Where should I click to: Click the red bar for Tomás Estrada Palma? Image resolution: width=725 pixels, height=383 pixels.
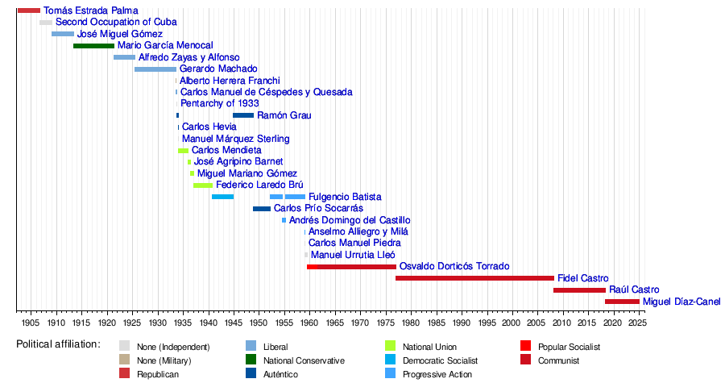click(x=29, y=10)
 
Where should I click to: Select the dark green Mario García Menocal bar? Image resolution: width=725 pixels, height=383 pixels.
click(x=94, y=46)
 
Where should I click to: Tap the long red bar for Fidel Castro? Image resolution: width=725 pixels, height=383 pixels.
click(x=474, y=278)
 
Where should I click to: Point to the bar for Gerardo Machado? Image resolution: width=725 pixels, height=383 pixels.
click(x=155, y=69)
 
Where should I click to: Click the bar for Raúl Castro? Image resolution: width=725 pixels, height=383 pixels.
click(x=579, y=290)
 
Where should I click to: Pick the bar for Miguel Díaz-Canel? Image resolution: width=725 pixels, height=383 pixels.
click(x=623, y=302)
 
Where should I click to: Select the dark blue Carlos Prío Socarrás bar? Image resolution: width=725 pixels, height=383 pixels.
click(x=262, y=209)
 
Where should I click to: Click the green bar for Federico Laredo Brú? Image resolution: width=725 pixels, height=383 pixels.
click(x=203, y=185)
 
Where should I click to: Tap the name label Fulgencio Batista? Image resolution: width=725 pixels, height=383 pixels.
click(x=345, y=197)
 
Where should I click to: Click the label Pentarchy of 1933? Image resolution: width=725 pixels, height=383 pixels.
click(x=220, y=103)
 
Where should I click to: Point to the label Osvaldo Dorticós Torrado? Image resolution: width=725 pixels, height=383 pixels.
click(x=454, y=266)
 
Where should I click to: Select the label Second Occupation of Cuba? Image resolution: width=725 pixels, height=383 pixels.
click(x=116, y=22)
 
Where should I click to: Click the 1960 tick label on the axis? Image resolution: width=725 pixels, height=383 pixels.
click(x=309, y=323)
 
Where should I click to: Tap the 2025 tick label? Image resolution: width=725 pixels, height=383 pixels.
click(x=638, y=323)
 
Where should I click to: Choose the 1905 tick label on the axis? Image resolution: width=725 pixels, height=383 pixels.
click(x=31, y=323)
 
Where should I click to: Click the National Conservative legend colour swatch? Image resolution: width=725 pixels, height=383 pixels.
click(x=251, y=360)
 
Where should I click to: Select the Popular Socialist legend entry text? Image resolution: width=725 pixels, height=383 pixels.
click(x=570, y=347)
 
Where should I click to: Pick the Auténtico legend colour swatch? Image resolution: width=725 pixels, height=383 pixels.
click(x=251, y=373)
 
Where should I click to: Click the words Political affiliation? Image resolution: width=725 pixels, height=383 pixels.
click(x=58, y=344)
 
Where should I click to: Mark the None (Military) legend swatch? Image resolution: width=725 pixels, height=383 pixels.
click(x=124, y=360)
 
